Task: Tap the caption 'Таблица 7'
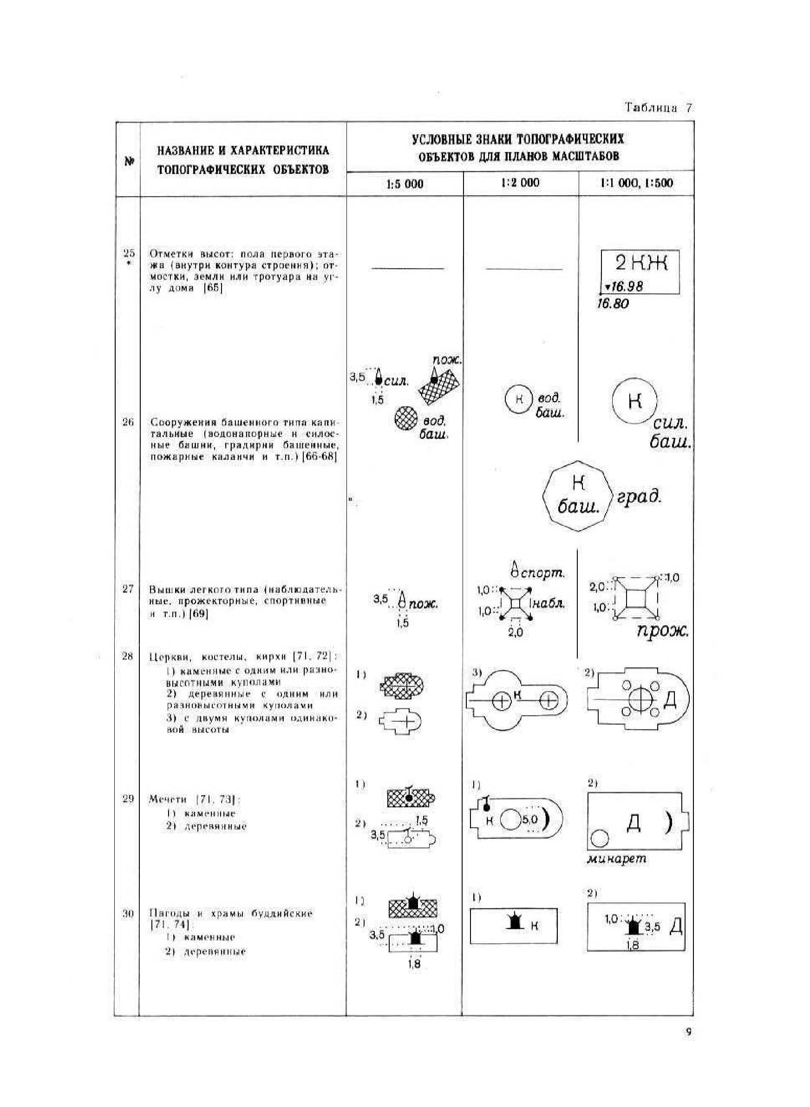[x=658, y=108]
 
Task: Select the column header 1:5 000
[x=405, y=184]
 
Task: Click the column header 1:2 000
[x=520, y=183]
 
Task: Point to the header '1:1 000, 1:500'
[x=637, y=183]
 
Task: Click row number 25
[x=129, y=254]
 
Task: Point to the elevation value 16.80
[x=613, y=303]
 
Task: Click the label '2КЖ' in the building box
[x=641, y=264]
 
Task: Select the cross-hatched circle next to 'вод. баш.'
[x=406, y=418]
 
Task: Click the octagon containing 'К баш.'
[x=578, y=495]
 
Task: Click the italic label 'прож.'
[x=662, y=631]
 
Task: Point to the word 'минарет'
[x=616, y=859]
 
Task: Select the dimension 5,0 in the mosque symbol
[x=530, y=819]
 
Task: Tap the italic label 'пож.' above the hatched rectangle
[x=447, y=360]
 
